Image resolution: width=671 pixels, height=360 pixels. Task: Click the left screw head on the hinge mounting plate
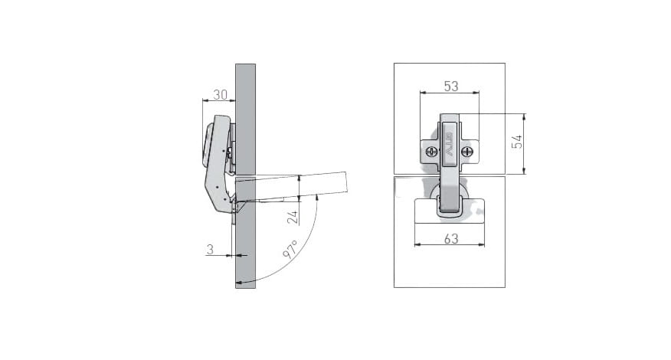coord(431,151)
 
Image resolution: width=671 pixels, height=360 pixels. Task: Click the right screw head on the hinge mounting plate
coord(467,151)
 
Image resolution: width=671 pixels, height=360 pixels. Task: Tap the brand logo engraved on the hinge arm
coord(450,142)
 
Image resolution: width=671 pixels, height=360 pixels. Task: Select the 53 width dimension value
coord(451,87)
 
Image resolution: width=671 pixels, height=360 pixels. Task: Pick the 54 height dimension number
coord(517,141)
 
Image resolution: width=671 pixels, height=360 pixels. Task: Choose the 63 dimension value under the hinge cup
coord(451,239)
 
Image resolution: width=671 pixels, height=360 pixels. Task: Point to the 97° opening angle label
coord(290,249)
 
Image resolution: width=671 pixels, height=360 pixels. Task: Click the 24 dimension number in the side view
coord(293,218)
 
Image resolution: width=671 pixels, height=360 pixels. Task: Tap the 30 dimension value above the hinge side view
coord(221,95)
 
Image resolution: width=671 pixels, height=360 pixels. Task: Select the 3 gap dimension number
coord(210,249)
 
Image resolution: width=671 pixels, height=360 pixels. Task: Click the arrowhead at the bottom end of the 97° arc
coord(239,283)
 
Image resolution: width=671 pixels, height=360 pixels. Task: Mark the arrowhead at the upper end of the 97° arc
coord(316,197)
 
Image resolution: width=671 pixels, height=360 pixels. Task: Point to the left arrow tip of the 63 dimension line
coord(414,245)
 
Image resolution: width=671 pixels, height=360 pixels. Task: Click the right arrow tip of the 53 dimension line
coord(479,92)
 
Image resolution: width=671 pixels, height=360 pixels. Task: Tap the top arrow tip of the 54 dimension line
coord(524,114)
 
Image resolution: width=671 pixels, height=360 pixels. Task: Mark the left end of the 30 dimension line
coord(202,100)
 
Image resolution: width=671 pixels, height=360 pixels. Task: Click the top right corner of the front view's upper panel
coord(505,64)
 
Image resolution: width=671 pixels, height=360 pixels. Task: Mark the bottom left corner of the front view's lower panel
coord(394,287)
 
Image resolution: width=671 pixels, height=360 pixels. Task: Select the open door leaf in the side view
coord(291,187)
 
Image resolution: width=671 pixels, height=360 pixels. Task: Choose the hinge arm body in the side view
coord(219,165)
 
